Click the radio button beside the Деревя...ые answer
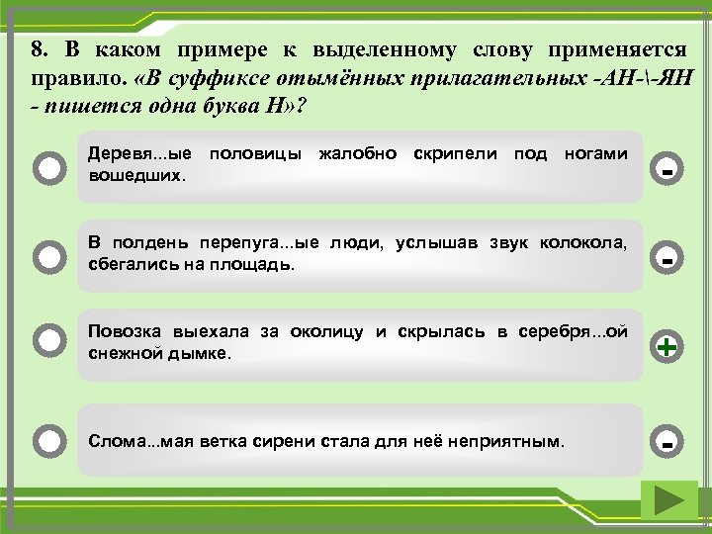pyautogui.click(x=48, y=167)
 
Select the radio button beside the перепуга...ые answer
pyautogui.click(x=48, y=257)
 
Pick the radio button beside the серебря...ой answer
pyautogui.click(x=48, y=341)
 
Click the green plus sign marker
pyautogui.click(x=667, y=346)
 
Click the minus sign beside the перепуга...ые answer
pyautogui.click(x=667, y=260)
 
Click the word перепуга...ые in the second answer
pyautogui.click(x=240, y=244)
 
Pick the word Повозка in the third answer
pyautogui.click(x=121, y=331)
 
